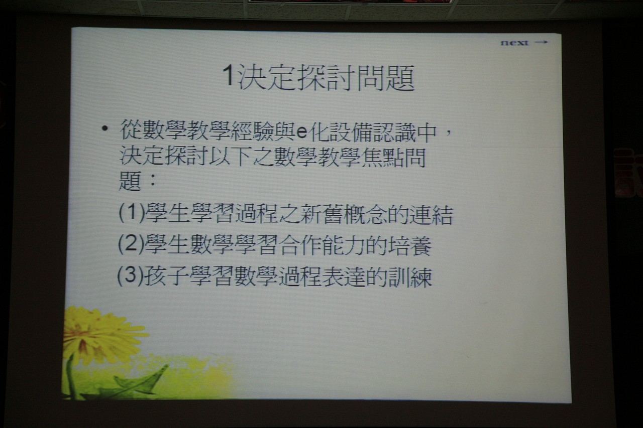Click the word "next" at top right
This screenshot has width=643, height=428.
(x=514, y=43)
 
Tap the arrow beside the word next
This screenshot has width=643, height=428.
(x=542, y=42)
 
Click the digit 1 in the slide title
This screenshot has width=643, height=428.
(x=228, y=75)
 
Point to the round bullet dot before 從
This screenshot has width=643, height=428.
(x=105, y=129)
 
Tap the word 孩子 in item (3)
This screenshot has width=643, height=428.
(x=166, y=276)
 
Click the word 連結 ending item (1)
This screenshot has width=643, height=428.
(x=431, y=214)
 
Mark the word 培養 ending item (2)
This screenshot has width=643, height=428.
(x=409, y=245)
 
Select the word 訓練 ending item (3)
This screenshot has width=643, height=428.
(x=410, y=276)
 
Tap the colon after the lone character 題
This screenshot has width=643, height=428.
(x=152, y=180)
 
